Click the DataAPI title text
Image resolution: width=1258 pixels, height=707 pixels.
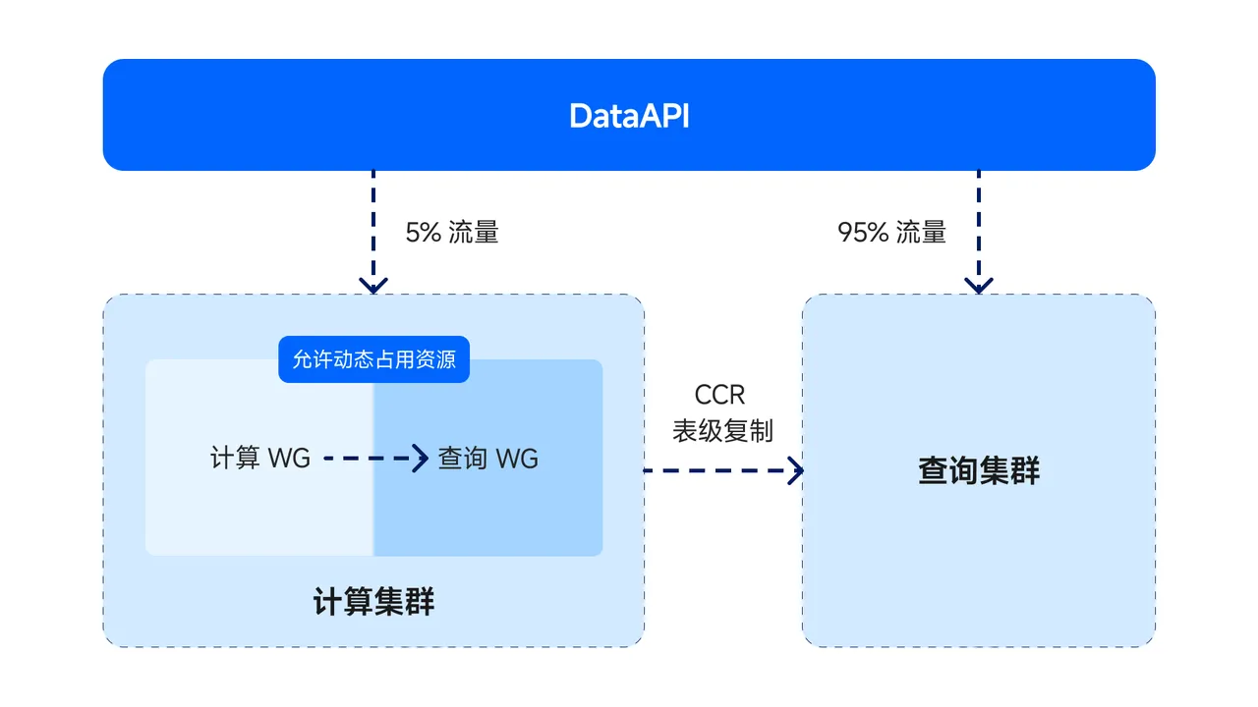tap(629, 116)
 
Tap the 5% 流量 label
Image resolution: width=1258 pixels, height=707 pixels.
tap(452, 233)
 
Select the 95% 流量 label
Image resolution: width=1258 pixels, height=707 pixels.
tap(891, 233)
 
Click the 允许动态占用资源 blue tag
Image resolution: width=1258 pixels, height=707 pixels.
tap(373, 359)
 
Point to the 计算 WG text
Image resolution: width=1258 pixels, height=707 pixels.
tap(260, 458)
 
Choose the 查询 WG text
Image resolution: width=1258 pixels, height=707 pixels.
tap(487, 459)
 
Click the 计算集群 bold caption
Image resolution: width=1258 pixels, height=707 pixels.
tap(373, 602)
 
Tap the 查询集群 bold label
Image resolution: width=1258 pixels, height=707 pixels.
tap(979, 471)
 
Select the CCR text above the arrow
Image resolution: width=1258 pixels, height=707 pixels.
tap(719, 395)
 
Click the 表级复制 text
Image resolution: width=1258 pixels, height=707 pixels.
tap(722, 431)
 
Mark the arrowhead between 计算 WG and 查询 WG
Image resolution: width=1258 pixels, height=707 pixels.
tap(422, 458)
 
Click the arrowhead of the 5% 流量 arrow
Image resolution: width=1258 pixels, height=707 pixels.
tap(373, 286)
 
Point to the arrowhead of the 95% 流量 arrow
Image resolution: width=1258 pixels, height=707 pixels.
tap(978, 286)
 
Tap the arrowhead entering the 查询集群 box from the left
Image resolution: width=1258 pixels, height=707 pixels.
tap(795, 470)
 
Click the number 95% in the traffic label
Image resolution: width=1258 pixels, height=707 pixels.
tap(863, 233)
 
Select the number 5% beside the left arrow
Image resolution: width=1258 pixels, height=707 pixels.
tap(423, 233)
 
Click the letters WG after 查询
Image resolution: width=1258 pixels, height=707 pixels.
tap(517, 459)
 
